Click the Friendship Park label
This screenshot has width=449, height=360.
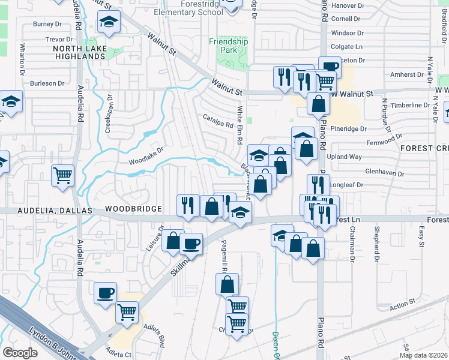(228, 46)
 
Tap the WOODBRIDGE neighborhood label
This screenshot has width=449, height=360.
(133, 209)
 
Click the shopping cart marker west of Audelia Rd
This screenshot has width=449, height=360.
(63, 176)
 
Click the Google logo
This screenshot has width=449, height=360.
(20, 353)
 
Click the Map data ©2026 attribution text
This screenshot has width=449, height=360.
(423, 355)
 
